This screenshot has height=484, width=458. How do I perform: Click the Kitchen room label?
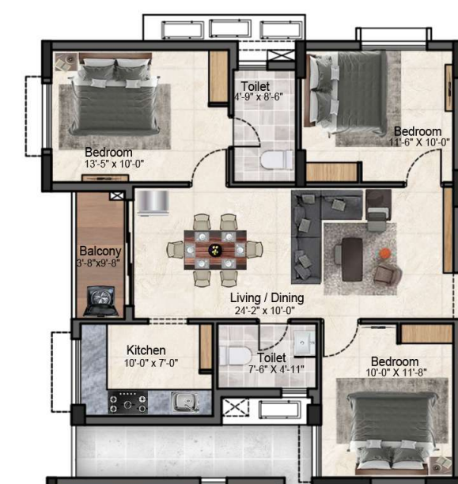(x=146, y=350)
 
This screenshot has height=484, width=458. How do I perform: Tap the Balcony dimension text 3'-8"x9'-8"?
(x=98, y=263)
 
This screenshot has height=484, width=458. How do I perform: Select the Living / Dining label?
(x=267, y=298)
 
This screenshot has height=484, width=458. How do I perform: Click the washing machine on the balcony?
(x=100, y=301)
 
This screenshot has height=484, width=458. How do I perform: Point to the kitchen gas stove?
(x=128, y=403)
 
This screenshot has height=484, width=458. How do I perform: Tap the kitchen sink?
(x=185, y=401)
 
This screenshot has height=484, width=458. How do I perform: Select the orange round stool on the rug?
(x=385, y=254)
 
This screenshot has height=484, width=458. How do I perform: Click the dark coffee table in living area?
(x=352, y=259)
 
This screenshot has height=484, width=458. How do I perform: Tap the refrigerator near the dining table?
(x=153, y=202)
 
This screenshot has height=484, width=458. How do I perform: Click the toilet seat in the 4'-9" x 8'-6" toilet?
(x=277, y=160)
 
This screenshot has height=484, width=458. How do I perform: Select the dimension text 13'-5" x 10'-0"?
(x=114, y=164)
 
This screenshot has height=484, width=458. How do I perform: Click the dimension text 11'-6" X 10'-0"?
(x=419, y=142)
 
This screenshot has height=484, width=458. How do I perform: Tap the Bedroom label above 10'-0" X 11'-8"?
(x=395, y=361)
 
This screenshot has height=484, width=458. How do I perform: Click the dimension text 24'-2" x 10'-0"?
(x=265, y=311)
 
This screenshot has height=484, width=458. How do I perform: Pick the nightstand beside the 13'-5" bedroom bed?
(x=66, y=62)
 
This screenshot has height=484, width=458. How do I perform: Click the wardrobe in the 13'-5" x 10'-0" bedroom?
(x=218, y=77)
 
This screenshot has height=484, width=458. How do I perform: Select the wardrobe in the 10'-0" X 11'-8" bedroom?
(x=426, y=334)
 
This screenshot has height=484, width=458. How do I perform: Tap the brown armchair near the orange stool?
(x=388, y=273)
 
